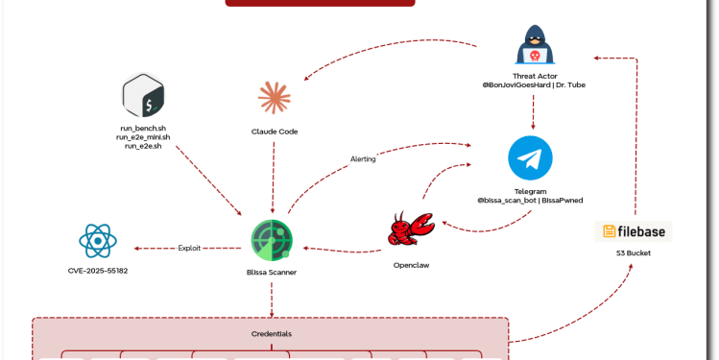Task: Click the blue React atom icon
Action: [98, 240]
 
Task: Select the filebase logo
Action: [634, 231]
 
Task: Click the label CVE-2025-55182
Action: [98, 272]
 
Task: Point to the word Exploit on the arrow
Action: [190, 249]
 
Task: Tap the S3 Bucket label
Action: [634, 253]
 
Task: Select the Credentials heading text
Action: [271, 334]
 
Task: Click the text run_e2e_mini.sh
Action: [142, 136]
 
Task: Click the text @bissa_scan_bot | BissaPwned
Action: [531, 201]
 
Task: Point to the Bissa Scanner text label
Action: [272, 273]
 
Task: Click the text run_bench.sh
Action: [142, 128]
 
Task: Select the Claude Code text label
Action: [275, 131]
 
